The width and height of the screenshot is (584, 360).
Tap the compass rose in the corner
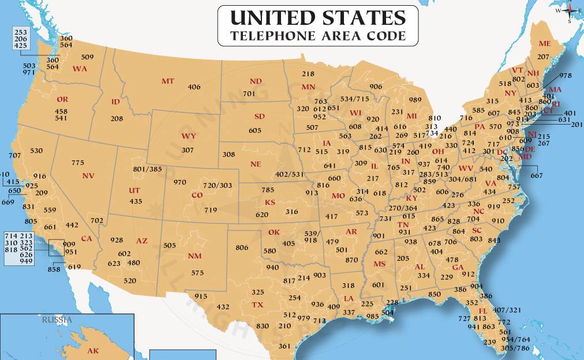(569, 10)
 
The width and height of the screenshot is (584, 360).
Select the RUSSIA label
(57, 320)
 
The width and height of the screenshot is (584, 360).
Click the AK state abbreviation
(93, 350)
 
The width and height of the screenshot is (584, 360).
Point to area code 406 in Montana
(194, 87)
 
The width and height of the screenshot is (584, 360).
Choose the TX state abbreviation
(257, 304)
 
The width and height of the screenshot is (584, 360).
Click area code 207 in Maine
(543, 57)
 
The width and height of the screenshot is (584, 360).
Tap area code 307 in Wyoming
(187, 149)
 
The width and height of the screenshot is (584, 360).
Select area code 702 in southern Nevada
(97, 220)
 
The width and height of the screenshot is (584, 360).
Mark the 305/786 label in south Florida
(515, 348)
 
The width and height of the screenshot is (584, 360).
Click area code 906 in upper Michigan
(376, 87)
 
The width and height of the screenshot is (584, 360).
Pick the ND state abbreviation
(256, 81)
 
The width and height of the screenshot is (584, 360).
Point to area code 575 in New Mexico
(197, 272)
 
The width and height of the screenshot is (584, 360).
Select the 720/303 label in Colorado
(217, 185)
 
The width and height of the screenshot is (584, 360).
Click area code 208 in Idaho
(117, 118)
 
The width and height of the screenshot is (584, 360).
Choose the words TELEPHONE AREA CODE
(317, 36)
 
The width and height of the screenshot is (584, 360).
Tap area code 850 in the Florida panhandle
(433, 294)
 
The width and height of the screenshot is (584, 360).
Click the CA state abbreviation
(87, 238)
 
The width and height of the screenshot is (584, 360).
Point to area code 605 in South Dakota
(255, 130)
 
